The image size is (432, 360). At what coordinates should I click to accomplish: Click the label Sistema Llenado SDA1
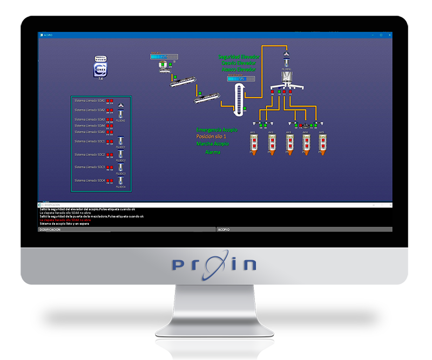click(89, 101)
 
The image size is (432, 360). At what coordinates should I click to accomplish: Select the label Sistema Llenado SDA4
click(89, 126)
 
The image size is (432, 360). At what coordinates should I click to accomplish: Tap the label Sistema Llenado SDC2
click(89, 154)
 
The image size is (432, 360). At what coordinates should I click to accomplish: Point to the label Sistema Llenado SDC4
click(89, 180)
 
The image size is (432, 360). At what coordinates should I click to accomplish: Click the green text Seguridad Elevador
click(238, 57)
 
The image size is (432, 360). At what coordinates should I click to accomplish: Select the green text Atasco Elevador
click(238, 70)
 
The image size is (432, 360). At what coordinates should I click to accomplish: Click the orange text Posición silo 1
click(212, 137)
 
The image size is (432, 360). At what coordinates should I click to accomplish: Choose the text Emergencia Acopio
click(217, 130)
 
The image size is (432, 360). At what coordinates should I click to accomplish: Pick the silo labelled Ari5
click(322, 144)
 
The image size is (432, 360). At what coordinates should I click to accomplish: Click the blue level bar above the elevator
click(237, 79)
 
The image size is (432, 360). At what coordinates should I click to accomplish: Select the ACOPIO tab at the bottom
click(224, 229)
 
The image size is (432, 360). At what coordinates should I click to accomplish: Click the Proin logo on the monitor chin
click(214, 264)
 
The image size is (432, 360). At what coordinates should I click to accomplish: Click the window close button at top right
click(388, 35)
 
